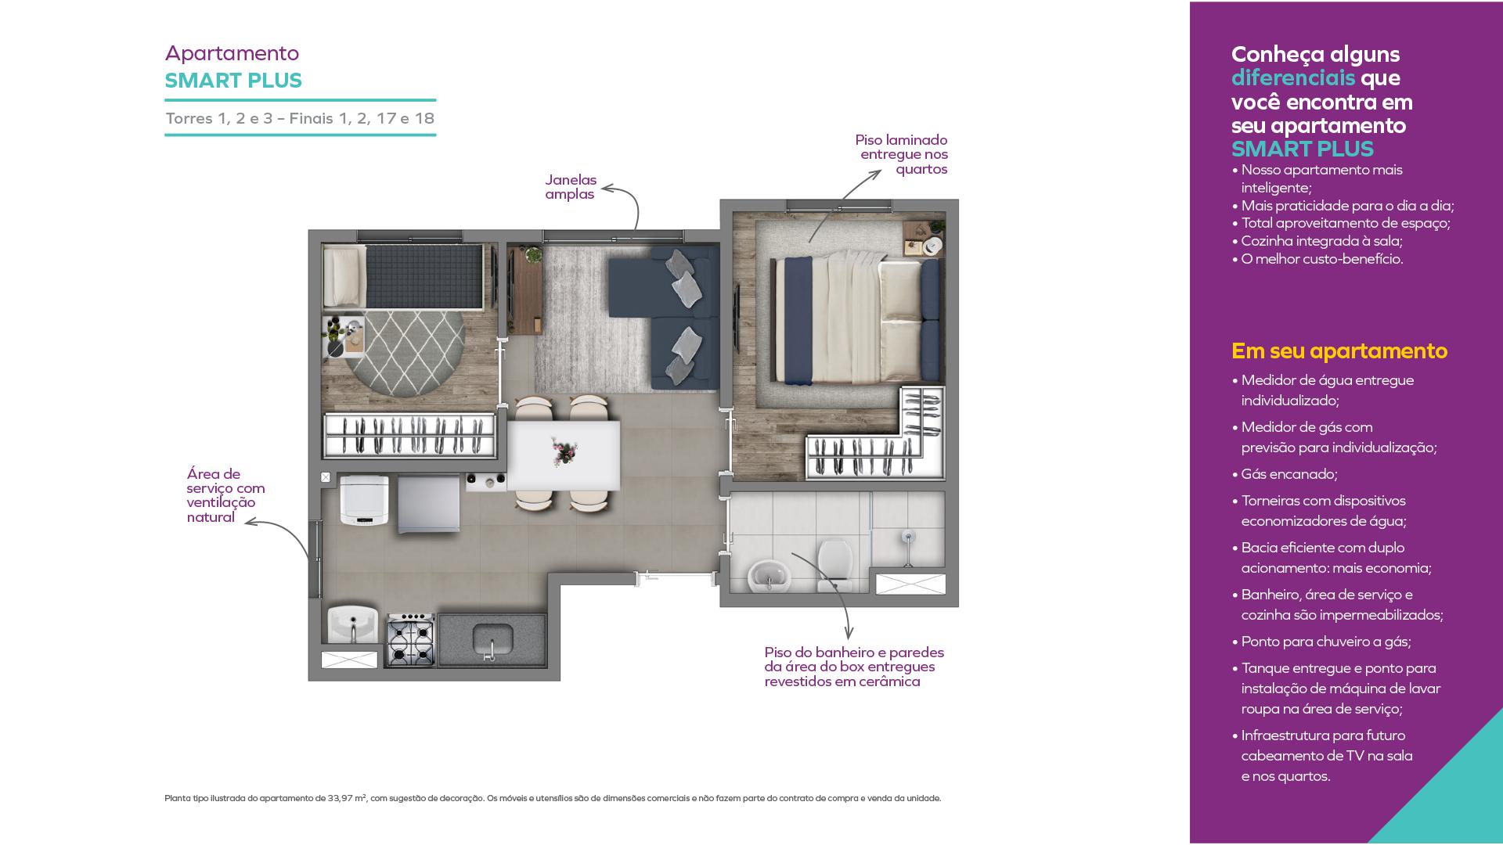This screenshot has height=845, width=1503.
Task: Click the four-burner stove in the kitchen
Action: tap(410, 640)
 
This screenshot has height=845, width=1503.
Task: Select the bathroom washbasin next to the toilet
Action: tap(770, 577)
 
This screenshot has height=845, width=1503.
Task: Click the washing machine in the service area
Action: tap(364, 501)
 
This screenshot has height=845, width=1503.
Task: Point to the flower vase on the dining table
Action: tap(563, 451)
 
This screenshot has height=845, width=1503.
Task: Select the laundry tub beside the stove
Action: tap(353, 625)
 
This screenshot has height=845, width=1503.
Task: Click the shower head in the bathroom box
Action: tap(908, 538)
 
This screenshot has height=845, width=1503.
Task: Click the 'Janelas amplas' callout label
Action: tap(571, 187)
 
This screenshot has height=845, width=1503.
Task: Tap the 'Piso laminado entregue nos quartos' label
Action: tap(902, 154)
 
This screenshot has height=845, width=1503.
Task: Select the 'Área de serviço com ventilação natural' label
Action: tap(225, 495)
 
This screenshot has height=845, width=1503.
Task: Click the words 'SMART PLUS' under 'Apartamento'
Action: tap(233, 81)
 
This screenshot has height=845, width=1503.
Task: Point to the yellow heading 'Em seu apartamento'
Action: tap(1339, 351)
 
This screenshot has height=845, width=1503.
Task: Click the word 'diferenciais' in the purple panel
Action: tap(1293, 77)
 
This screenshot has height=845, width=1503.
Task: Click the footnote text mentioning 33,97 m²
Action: tap(553, 799)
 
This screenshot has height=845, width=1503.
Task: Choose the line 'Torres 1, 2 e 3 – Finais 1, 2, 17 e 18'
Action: tap(300, 118)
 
